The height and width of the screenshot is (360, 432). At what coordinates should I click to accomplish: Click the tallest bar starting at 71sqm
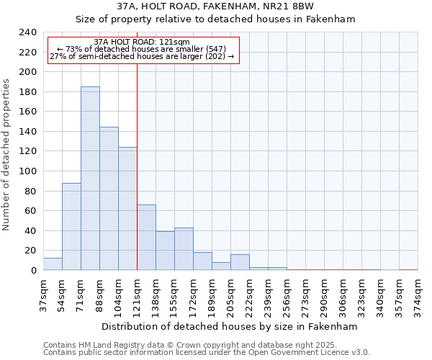point(90,179)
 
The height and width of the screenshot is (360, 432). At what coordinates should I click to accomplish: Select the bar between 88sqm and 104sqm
point(109,199)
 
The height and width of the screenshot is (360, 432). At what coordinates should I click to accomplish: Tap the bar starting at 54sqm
point(71,227)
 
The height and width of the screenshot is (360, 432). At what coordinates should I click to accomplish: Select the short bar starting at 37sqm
point(53,264)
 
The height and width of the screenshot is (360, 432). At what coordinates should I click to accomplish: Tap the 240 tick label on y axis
point(27,32)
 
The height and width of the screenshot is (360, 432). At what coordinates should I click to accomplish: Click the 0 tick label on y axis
point(33,271)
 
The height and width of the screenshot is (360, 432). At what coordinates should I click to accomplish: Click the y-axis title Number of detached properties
point(7,151)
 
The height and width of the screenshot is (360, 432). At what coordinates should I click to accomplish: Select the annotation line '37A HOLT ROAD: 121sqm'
point(142,42)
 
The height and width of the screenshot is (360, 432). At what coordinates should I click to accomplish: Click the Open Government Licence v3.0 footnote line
point(207,353)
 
